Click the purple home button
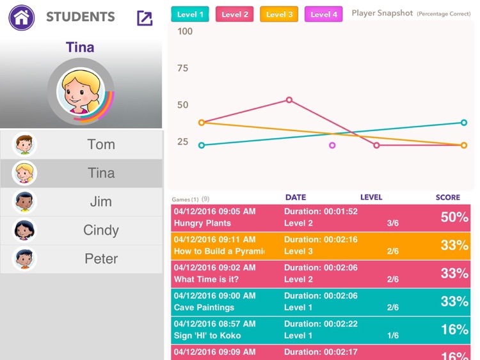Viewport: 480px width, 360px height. pos(22,18)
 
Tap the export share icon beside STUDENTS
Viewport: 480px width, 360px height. pos(145,18)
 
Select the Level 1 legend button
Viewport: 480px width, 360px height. pos(190,14)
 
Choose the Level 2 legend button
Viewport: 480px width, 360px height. pos(235,14)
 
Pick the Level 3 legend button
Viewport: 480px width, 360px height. pos(279,14)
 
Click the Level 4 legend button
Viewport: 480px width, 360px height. pos(324,14)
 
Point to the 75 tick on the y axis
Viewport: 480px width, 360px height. pos(183,68)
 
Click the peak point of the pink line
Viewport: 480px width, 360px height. pos(289,100)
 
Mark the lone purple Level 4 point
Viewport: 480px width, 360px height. pos(332,145)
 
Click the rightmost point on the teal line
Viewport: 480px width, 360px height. pos(464,123)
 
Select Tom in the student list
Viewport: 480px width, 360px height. pos(101,145)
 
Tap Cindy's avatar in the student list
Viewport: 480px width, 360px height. pos(24,230)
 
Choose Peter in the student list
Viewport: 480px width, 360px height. pos(101,259)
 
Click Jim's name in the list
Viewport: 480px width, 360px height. pos(101,202)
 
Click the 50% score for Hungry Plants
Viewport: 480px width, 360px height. pos(454,217)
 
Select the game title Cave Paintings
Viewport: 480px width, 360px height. pos(204,308)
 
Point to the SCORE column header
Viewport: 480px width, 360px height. pos(447,198)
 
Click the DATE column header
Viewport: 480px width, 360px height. pos(296,198)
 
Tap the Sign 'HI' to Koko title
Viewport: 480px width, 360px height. pos(205,336)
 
